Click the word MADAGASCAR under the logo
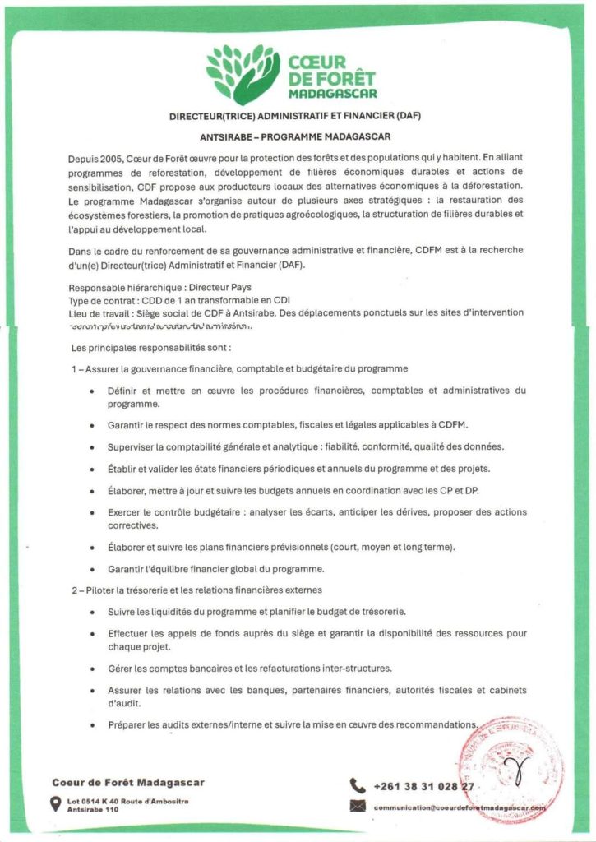331,92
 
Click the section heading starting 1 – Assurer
239,369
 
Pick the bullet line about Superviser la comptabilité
305,446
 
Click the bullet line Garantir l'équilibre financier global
215,568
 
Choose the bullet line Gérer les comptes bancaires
249,668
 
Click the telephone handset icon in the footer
358,785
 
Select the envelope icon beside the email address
358,807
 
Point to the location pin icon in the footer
56,804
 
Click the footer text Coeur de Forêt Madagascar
128,782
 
